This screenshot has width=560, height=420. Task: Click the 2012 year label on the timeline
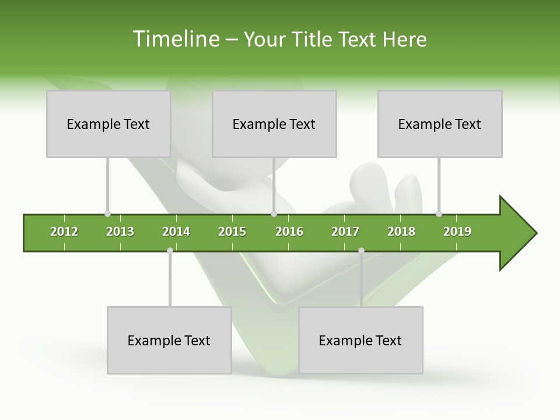click(x=64, y=232)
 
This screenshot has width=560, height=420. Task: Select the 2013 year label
click(x=120, y=232)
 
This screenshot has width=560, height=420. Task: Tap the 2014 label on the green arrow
click(x=176, y=232)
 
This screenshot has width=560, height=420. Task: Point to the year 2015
click(x=232, y=232)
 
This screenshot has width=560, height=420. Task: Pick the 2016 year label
click(x=289, y=232)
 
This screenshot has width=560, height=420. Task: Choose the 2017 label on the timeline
click(x=345, y=232)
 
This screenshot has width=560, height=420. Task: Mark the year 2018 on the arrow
click(x=401, y=232)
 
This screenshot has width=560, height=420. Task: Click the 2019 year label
click(x=457, y=232)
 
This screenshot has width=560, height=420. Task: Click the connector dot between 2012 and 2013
click(x=107, y=214)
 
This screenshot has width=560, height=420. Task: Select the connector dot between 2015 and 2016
click(x=274, y=214)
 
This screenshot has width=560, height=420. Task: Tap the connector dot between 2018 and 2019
click(x=439, y=214)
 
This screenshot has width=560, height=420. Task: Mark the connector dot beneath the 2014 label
click(x=170, y=251)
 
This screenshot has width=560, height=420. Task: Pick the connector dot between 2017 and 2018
click(x=361, y=251)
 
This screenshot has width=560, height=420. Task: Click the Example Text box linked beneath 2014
click(x=169, y=340)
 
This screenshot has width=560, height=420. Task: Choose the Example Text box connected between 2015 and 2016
click(x=274, y=124)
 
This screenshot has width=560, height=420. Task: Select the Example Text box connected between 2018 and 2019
click(x=440, y=124)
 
